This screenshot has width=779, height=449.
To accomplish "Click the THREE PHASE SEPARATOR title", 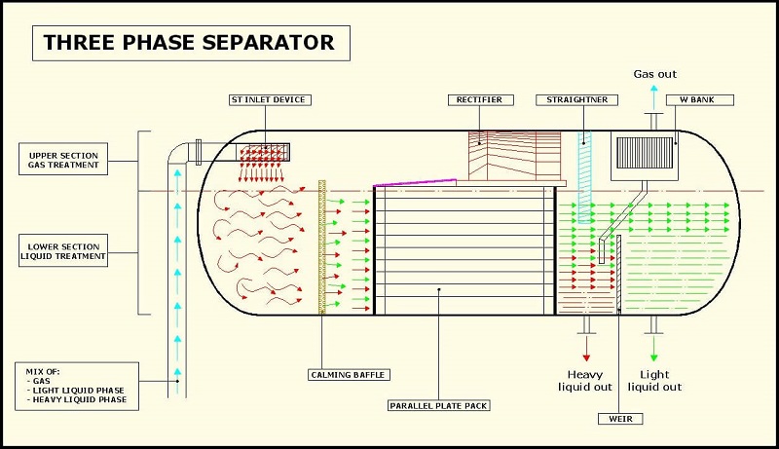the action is pos(191,43).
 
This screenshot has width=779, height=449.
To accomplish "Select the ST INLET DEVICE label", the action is pos(270,100).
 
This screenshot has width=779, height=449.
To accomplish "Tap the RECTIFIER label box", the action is pos(480,100).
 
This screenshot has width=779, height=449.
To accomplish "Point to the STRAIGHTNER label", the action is pos(576,100).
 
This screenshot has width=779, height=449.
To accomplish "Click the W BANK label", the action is pos(699,100).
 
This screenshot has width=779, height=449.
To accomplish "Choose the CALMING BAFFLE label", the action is pos(349,375).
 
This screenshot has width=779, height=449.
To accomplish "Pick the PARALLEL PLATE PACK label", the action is pos(439,405).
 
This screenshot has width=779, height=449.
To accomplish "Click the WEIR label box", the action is pos(620,419).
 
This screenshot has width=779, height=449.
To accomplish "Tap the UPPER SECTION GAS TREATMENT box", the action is pos(63,160).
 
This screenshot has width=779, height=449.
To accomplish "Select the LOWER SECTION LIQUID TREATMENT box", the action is pos(63,251).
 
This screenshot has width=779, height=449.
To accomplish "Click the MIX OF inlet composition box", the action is pos(77,386).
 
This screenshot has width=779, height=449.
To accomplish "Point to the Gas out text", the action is pos(654,74).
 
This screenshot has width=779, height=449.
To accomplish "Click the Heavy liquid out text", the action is pos(585,381).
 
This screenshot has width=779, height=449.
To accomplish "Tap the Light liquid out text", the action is pos(654,381).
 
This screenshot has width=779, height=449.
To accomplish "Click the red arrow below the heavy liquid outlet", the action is pos(586,348).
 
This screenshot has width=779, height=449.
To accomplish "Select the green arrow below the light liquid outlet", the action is pos(653,348).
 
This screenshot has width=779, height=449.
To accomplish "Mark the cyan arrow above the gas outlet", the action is pos(653,97).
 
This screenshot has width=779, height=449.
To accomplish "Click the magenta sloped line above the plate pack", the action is pos(415,182).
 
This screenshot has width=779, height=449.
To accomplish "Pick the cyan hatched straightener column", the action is pos(585,177).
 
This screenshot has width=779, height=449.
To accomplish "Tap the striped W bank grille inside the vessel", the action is pos(645,153).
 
